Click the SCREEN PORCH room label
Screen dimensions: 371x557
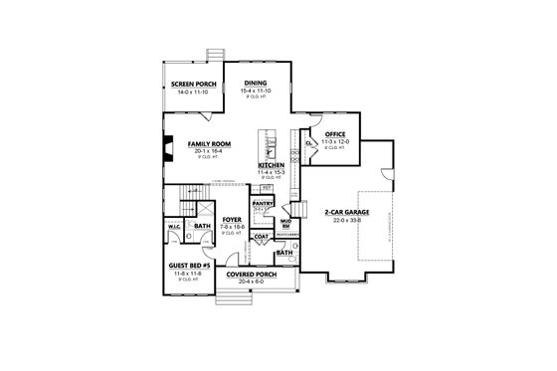[x=193, y=84]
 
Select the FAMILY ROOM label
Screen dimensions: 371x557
[x=210, y=144]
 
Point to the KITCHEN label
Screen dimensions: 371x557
[x=272, y=165]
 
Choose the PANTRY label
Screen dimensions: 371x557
[x=263, y=202]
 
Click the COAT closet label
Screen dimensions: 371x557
[x=262, y=236]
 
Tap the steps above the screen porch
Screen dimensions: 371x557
[x=210, y=55]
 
